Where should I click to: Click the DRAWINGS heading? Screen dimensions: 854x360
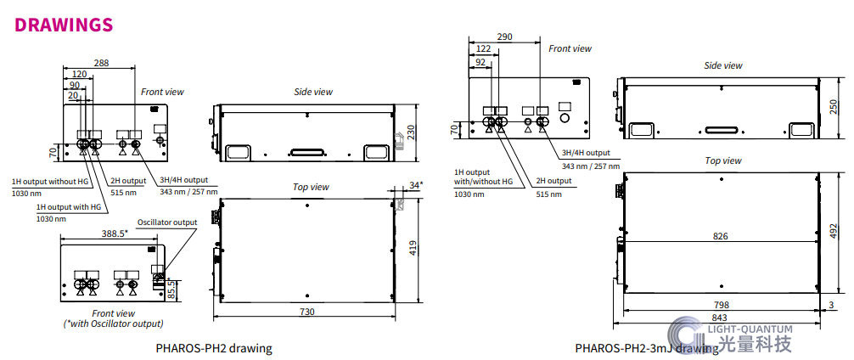click(x=64, y=25)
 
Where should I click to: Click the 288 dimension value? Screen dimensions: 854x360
click(x=101, y=63)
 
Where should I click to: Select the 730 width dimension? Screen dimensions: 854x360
click(x=307, y=312)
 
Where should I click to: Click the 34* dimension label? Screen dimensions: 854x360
click(x=416, y=184)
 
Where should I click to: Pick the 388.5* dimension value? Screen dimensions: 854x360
click(x=115, y=233)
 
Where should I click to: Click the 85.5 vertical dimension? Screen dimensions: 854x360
click(x=172, y=290)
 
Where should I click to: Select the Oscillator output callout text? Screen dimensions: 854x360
click(x=167, y=222)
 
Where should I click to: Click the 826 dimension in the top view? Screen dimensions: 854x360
click(x=720, y=236)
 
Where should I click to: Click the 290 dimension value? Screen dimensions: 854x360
click(x=504, y=37)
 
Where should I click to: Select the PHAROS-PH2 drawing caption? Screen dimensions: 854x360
click(x=214, y=348)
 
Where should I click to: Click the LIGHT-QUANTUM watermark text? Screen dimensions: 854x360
click(x=750, y=329)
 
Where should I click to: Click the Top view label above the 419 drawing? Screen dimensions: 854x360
click(x=311, y=187)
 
